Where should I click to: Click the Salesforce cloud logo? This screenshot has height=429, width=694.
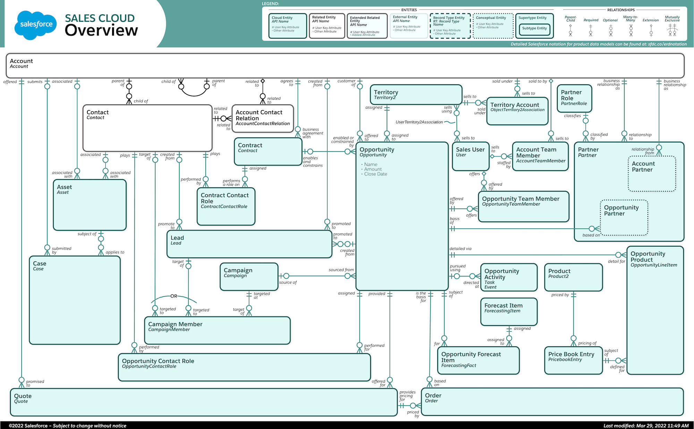(36, 25)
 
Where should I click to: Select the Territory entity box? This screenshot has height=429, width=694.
(416, 95)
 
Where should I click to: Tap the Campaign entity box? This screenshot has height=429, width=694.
(249, 277)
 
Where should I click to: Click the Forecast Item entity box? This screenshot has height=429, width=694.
(509, 312)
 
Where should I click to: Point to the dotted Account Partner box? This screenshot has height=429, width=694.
(652, 174)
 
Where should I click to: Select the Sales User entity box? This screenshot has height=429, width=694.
(470, 156)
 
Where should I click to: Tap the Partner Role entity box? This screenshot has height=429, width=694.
(574, 98)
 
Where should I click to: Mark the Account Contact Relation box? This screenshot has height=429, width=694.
(263, 118)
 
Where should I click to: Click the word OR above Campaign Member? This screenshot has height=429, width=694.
(173, 296)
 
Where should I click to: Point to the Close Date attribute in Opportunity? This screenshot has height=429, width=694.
(375, 174)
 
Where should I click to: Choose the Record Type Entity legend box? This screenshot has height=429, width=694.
(450, 26)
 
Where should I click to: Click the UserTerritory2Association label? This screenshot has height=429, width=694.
(419, 122)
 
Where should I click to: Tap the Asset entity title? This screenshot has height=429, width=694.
(65, 187)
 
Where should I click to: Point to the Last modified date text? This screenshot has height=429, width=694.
(646, 426)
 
